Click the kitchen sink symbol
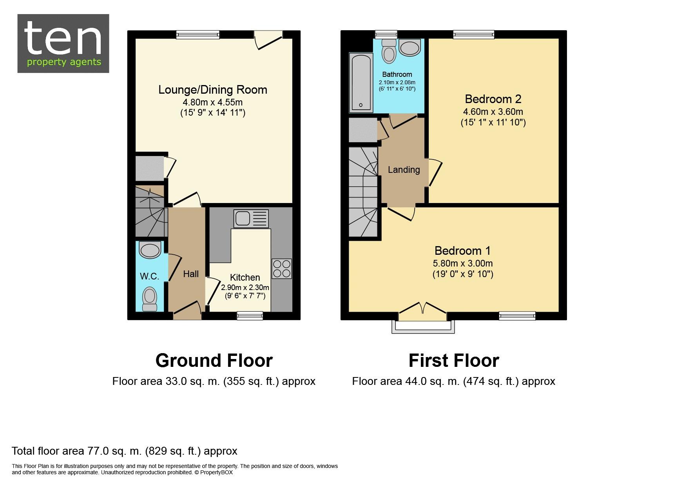(x=251, y=219)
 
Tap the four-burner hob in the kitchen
(x=281, y=268)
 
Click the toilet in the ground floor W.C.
(x=149, y=299)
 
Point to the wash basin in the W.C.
(x=150, y=250)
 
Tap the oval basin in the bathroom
(x=410, y=48)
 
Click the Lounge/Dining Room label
(x=213, y=90)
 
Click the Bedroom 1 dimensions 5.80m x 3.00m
(x=463, y=263)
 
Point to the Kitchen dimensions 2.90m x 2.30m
(x=245, y=287)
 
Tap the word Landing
(x=404, y=170)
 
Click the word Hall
(x=191, y=274)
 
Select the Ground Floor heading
(x=214, y=361)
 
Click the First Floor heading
(x=454, y=361)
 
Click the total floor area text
(x=125, y=451)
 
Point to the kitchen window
(x=250, y=315)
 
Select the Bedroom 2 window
(x=474, y=34)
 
